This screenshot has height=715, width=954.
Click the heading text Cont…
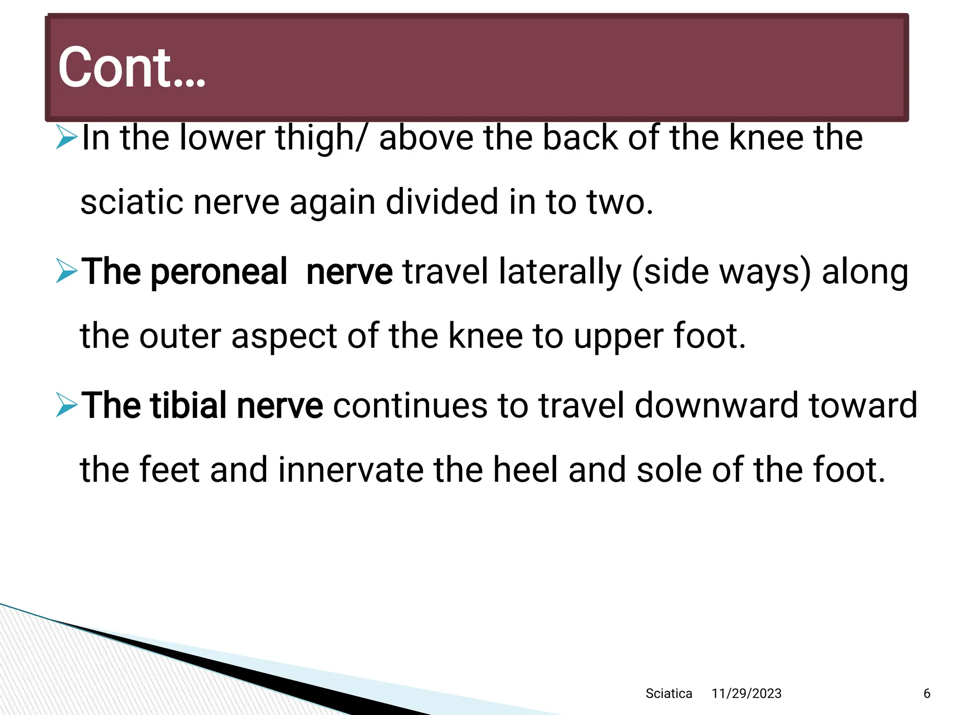click(x=131, y=68)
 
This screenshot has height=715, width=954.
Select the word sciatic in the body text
click(x=131, y=202)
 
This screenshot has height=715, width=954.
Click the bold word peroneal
click(x=218, y=272)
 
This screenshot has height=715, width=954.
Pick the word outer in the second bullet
click(x=180, y=336)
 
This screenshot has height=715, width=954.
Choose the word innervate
click(x=351, y=470)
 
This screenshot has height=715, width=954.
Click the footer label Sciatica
click(x=668, y=694)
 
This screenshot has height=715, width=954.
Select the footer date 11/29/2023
click(x=746, y=694)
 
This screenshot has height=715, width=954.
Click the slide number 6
click(x=927, y=694)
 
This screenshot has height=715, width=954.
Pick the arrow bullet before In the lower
click(x=66, y=137)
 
